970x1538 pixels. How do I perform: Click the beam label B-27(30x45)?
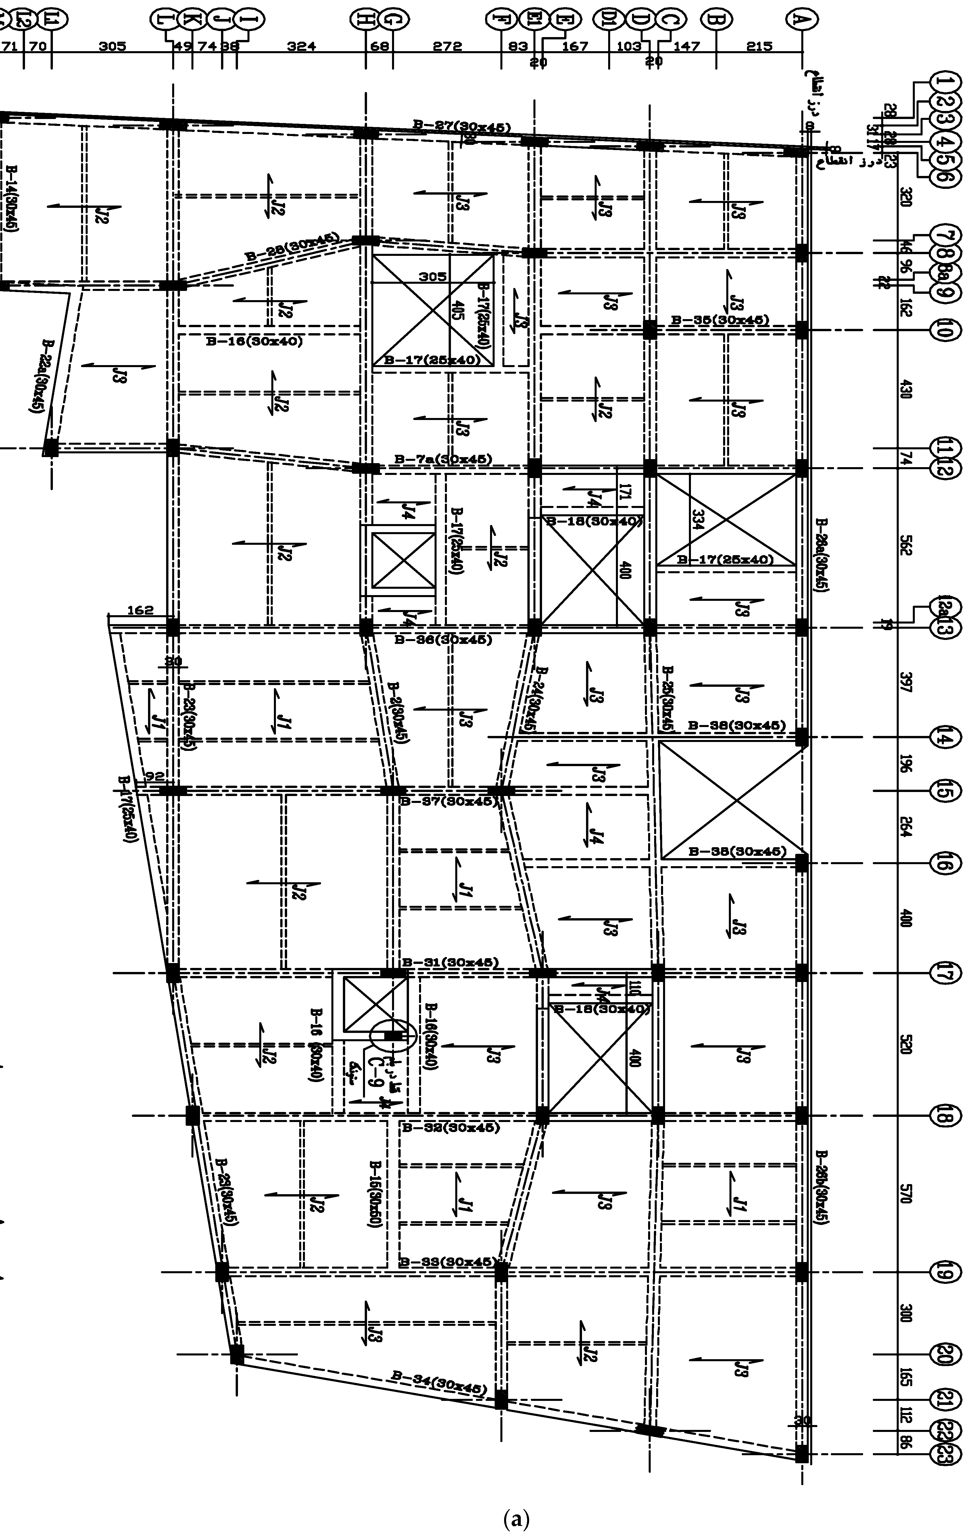coord(461,127)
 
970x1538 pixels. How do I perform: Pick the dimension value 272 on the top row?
coord(447,46)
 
